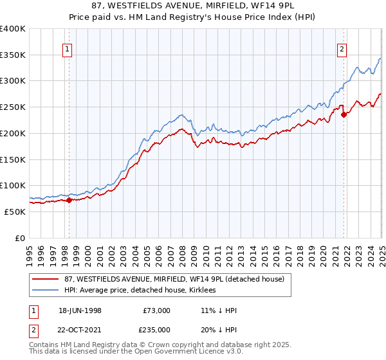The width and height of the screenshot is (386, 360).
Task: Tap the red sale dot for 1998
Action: (69, 200)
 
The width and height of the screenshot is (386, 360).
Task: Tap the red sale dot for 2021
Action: (344, 115)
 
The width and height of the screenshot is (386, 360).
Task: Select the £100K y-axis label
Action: (13, 185)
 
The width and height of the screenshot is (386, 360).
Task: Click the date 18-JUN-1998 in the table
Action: (80, 310)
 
